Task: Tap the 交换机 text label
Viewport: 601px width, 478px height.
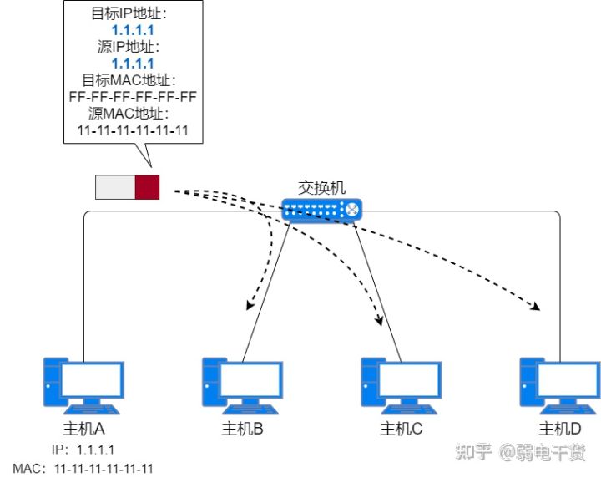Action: click(321, 188)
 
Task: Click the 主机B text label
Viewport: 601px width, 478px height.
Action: click(243, 430)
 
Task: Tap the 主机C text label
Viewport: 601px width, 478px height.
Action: click(402, 430)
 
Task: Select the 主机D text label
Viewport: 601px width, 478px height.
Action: click(560, 430)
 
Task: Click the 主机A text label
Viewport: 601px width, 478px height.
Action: click(83, 430)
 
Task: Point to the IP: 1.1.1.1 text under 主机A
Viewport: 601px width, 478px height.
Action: click(83, 450)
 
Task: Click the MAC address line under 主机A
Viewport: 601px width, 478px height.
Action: click(83, 469)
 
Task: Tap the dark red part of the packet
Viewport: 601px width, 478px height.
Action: click(147, 187)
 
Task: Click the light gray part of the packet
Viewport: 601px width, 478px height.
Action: click(115, 187)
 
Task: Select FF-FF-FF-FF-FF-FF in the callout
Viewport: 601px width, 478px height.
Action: click(133, 96)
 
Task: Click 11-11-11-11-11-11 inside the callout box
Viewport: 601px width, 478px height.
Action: click(133, 130)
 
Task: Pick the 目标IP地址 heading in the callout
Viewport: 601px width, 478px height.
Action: click(133, 14)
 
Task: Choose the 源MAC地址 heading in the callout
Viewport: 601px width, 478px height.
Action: click(133, 113)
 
